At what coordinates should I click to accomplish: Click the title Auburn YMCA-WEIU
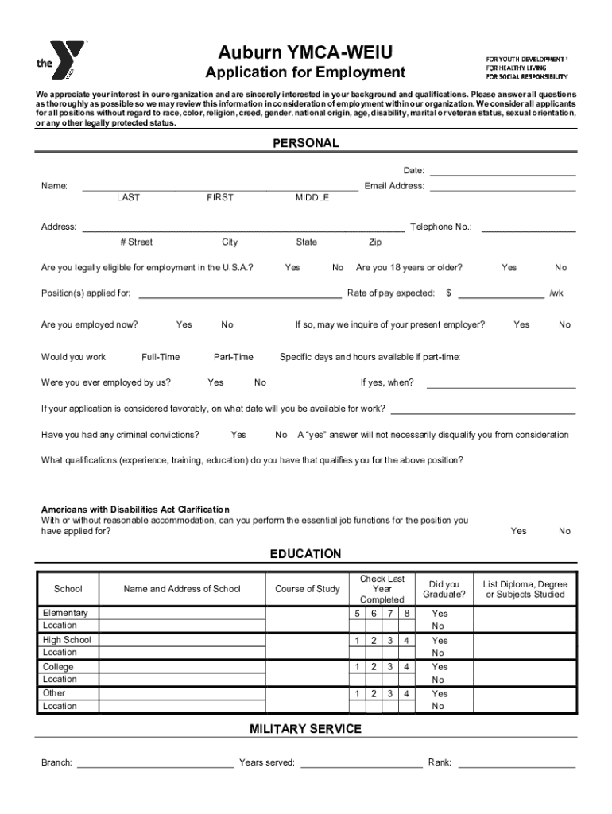(305, 53)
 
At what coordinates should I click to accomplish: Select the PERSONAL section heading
(306, 143)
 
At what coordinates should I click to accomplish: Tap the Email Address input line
(502, 188)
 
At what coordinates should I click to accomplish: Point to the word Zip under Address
(375, 242)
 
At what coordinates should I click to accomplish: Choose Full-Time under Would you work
(161, 357)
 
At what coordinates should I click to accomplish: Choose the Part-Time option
(234, 357)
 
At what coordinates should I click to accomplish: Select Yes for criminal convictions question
(238, 435)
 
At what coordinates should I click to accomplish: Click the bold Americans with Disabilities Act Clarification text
(135, 510)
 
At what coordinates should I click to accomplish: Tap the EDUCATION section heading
(306, 553)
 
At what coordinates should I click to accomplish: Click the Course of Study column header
(307, 589)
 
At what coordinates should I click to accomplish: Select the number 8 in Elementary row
(406, 614)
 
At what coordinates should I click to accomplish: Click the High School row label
(67, 640)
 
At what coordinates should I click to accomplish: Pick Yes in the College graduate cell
(440, 667)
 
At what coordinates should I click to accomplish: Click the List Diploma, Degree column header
(525, 589)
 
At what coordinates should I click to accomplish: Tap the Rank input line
(517, 764)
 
